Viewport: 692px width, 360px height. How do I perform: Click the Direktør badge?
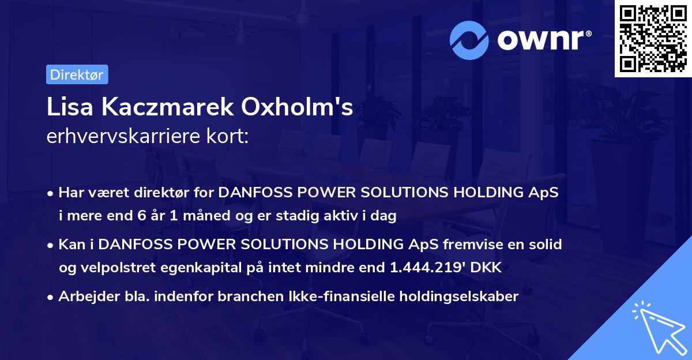pyautogui.click(x=77, y=75)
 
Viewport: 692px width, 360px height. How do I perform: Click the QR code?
pyautogui.click(x=653, y=39)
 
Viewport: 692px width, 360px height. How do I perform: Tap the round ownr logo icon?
pyautogui.click(x=469, y=40)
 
